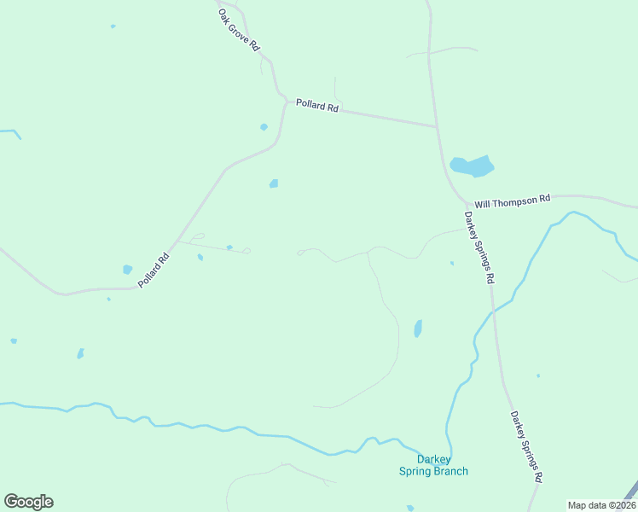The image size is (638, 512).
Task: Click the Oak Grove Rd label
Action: click(x=238, y=30)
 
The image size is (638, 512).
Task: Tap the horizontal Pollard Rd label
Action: click(x=317, y=107)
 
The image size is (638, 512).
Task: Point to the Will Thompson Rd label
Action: click(x=513, y=201)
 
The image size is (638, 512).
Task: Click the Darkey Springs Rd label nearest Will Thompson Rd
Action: click(x=478, y=247)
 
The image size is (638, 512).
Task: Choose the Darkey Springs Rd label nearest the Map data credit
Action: click(x=526, y=447)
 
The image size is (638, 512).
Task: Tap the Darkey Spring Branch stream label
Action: click(x=433, y=465)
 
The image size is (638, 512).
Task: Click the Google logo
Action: click(x=28, y=502)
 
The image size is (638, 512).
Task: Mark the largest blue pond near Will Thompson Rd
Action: click(x=472, y=166)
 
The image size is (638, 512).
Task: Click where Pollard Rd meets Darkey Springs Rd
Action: click(x=437, y=128)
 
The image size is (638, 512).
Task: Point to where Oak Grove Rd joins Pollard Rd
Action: click(x=284, y=98)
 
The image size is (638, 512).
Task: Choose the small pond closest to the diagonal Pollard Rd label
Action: click(x=127, y=270)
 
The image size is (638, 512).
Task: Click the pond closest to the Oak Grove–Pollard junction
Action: click(x=264, y=127)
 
